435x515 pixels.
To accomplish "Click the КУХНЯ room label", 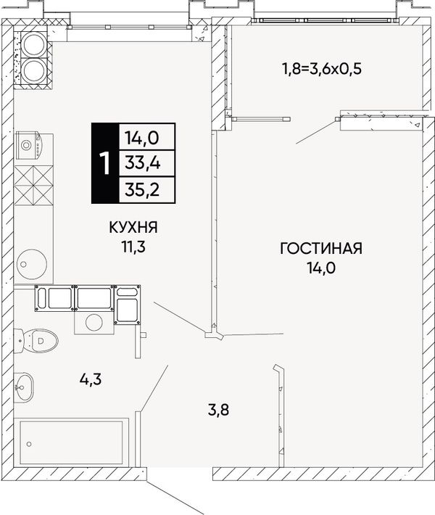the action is (x=133, y=227).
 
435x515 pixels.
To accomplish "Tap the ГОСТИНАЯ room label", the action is (x=321, y=248).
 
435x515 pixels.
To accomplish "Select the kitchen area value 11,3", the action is (x=133, y=247).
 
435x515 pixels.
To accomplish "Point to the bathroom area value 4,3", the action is (x=91, y=379).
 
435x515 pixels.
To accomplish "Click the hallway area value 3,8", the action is (x=219, y=410).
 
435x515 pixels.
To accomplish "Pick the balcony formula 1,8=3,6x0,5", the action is (x=322, y=70).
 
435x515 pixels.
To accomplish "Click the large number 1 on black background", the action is (x=105, y=163).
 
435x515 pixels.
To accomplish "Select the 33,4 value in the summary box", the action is (x=143, y=163).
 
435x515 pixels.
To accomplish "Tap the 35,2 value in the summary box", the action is (x=143, y=189).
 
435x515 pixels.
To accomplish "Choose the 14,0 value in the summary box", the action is (x=142, y=138).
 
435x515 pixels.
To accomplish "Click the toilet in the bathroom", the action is (x=36, y=340).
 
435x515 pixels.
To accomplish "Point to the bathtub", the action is (x=71, y=442).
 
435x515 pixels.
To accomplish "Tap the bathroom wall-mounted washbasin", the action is (x=24, y=387).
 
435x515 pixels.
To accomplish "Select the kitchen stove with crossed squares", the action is (x=33, y=185).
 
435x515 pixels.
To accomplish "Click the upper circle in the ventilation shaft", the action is (x=34, y=44).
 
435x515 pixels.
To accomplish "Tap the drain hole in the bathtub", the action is (x=29, y=444).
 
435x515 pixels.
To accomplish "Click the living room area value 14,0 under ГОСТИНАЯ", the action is (x=321, y=268).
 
